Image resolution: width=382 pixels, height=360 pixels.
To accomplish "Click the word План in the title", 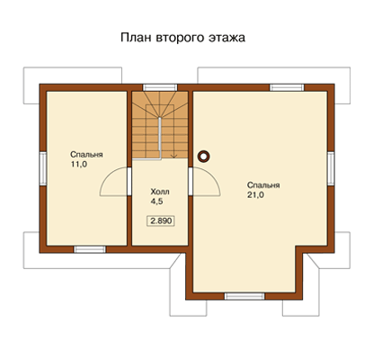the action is (x=136, y=38).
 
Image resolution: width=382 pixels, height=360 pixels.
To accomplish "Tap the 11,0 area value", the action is (x=79, y=165).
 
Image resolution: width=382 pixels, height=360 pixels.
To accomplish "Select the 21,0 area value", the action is (x=255, y=195).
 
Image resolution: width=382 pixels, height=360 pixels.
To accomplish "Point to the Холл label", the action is (x=160, y=192).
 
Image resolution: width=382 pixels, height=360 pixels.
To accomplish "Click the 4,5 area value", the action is (x=156, y=202).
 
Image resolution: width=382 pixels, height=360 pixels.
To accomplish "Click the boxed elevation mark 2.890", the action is (x=161, y=221).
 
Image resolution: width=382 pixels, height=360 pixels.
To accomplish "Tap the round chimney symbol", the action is (x=203, y=156).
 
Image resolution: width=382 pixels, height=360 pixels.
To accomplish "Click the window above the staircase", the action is (x=160, y=87).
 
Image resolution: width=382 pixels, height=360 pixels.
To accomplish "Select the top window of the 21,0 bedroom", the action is (x=287, y=87).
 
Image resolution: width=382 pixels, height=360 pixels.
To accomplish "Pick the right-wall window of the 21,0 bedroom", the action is (x=331, y=168).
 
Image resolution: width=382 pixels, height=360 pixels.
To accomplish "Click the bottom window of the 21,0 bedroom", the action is (x=244, y=296).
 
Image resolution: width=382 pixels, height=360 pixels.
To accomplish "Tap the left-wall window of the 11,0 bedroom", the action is (x=43, y=168).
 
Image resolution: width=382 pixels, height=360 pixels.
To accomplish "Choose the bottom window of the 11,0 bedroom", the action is (x=90, y=249).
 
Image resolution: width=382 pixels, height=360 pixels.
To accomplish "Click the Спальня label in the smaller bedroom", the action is (x=86, y=155).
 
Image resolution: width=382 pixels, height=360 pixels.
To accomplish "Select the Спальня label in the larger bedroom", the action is (x=263, y=185).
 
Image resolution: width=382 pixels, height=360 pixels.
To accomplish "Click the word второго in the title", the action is (x=178, y=39).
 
